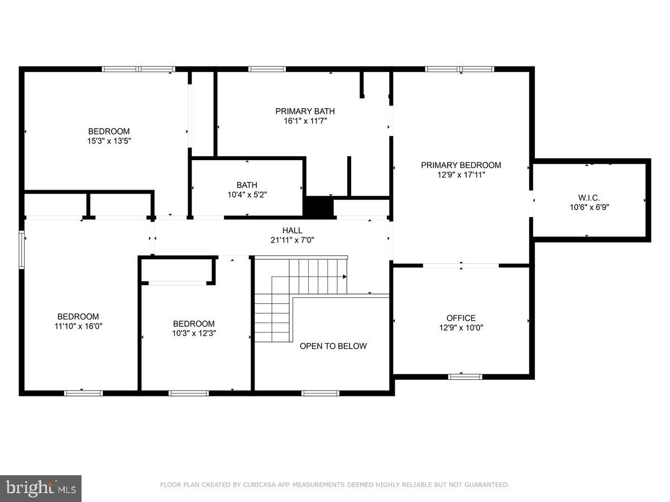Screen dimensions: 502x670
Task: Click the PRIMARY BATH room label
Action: (x=305, y=111)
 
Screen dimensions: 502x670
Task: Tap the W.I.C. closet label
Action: (x=589, y=197)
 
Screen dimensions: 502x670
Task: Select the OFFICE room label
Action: (x=461, y=318)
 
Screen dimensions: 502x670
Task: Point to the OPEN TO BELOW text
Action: (x=333, y=346)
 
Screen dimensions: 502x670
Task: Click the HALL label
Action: (x=292, y=230)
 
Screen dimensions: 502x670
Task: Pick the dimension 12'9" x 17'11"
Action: (x=461, y=175)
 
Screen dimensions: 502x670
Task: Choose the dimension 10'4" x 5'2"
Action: (x=247, y=195)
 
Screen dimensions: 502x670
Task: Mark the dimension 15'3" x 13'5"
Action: (x=109, y=141)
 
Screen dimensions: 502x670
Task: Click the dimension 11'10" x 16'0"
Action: (x=78, y=326)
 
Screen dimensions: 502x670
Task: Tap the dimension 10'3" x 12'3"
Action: (x=194, y=333)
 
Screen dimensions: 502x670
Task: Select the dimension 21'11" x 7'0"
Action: (x=292, y=240)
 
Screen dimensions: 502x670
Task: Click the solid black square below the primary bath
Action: (x=318, y=207)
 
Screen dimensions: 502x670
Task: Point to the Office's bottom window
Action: (x=465, y=376)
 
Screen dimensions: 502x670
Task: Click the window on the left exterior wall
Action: (x=22, y=250)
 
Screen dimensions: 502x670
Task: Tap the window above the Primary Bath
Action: (x=266, y=69)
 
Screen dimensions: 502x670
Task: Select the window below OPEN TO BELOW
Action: (x=320, y=393)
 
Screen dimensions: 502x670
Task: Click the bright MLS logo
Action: (x=41, y=489)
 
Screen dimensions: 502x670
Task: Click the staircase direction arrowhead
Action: (x=344, y=277)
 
